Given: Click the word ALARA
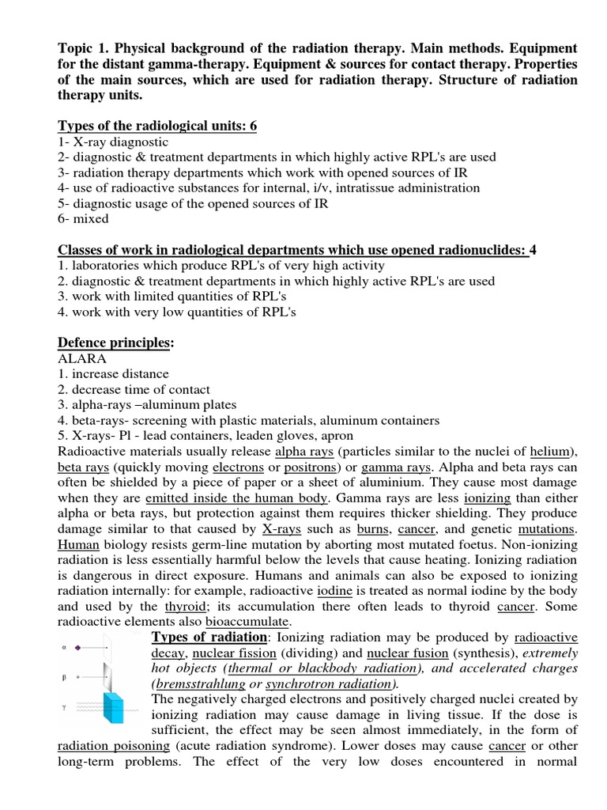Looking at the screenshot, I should coord(82,358).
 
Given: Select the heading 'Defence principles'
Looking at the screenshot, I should coord(114,343).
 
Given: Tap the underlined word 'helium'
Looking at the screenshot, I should coord(549,451).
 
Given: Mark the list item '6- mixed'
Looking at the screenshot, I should coord(84,218).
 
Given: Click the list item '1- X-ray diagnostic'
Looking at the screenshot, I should coord(113,142).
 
